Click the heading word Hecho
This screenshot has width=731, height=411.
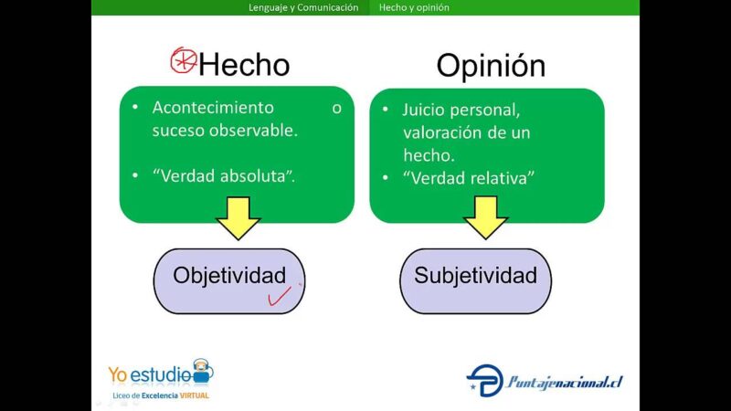pos(244,65)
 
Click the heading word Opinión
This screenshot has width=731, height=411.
pos(491,65)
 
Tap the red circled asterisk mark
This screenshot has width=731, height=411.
pos(184,61)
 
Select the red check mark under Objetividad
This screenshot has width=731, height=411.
pos(279,296)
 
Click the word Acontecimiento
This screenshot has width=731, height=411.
pos(213,108)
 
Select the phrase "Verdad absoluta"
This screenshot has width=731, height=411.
pos(224,176)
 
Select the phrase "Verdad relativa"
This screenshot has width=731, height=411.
pos(469,178)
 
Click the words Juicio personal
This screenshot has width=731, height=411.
pos(461,110)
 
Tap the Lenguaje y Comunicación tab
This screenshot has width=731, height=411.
pos(303,7)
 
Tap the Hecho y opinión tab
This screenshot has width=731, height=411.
pos(414,7)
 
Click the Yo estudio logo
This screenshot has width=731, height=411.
pos(160,374)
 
